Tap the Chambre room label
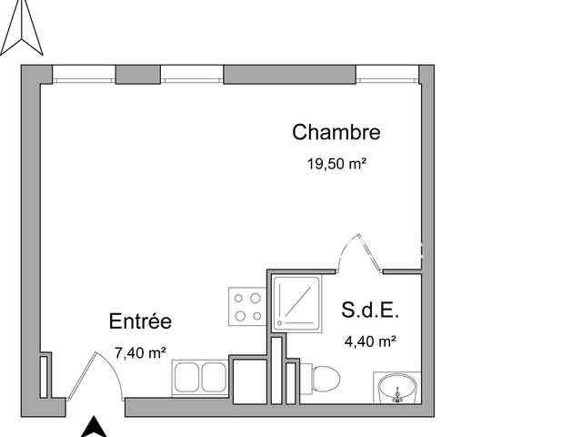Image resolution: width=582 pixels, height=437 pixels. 336,132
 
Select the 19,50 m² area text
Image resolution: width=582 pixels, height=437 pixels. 336,165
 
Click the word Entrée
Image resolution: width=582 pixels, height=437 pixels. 140,321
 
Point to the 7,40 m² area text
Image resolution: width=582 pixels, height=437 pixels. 140,351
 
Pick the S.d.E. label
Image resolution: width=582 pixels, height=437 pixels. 371,310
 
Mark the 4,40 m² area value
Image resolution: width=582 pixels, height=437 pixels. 369,341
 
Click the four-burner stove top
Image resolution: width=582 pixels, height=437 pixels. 246,306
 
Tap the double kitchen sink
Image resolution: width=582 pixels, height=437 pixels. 198,375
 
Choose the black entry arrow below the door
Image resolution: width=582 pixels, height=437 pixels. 94,427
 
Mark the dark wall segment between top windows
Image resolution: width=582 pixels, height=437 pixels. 289,74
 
